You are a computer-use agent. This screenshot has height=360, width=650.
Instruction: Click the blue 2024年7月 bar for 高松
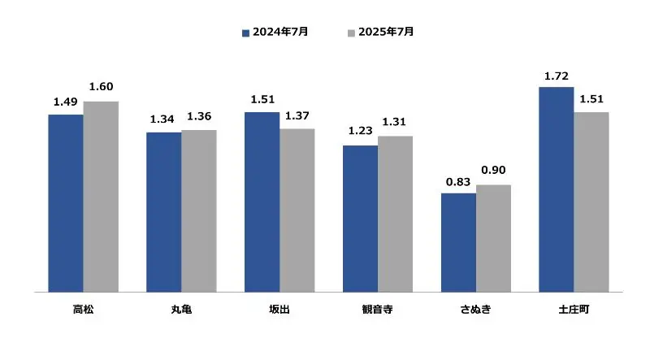coord(66,202)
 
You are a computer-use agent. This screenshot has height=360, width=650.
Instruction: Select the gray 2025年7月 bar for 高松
coord(101,196)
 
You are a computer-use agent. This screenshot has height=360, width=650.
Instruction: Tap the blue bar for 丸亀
coord(163,211)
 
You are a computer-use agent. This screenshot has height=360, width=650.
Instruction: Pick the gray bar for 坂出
coord(297,210)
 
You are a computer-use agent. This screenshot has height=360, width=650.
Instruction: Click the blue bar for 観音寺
coord(360,218)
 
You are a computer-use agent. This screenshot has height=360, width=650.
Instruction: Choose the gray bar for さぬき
coord(493,237)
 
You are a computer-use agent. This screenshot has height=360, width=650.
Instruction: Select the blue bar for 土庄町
coord(557,189)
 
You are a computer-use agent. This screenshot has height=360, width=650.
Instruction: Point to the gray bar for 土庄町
coord(591,201)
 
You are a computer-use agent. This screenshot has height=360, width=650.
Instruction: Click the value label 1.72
coord(557,76)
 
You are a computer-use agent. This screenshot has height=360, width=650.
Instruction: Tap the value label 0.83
coord(458,182)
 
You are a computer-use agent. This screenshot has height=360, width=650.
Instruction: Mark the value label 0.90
coord(493,170)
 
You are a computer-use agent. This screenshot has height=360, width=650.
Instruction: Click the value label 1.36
coord(199,117)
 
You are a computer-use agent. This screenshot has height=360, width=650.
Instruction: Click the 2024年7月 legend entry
coord(275,33)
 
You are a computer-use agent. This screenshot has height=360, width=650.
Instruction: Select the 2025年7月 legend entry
coord(381,33)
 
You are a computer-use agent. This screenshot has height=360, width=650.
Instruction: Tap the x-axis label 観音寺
coord(378,310)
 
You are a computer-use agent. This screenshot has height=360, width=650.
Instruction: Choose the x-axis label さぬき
coord(475,310)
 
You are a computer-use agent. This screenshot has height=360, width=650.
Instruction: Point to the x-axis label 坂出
coord(279,310)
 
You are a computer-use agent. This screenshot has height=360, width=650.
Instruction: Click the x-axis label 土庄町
coord(574,310)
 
